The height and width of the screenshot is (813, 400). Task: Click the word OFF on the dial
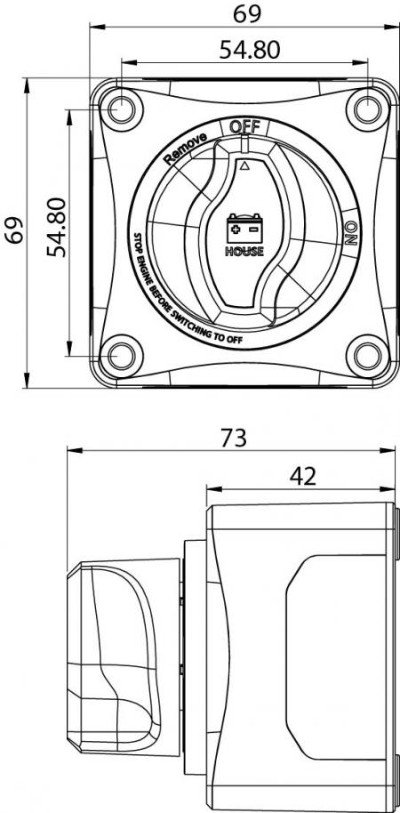[x=244, y=126]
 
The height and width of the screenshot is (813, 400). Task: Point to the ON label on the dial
[x=350, y=234]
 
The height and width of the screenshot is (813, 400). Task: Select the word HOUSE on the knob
[x=244, y=251]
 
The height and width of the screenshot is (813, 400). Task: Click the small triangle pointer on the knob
[x=245, y=165]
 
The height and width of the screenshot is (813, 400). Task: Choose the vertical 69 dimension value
[x=12, y=234]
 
